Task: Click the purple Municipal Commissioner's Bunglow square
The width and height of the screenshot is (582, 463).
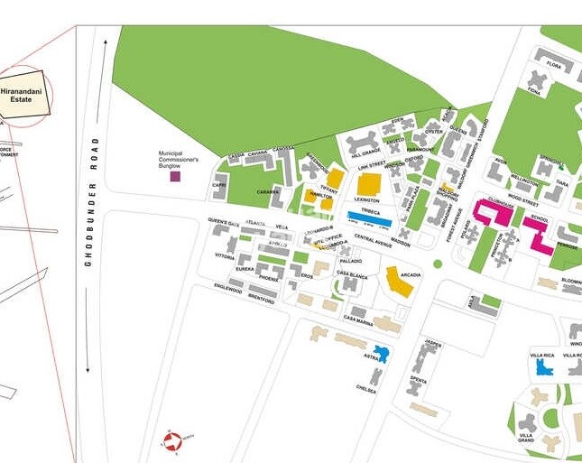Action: [174, 176]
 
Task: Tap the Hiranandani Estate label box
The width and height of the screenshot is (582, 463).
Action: [20, 93]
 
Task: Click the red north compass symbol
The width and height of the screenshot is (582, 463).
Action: [169, 442]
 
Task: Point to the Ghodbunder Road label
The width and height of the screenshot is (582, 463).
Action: [88, 208]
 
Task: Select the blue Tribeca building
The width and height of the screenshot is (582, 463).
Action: [369, 218]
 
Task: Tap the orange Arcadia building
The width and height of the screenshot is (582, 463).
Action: [398, 281]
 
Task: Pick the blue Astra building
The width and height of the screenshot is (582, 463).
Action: [381, 354]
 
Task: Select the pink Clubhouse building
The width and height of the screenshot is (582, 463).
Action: [492, 212]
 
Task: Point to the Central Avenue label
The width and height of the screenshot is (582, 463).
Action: [372, 238]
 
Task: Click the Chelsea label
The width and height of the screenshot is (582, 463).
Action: [366, 389]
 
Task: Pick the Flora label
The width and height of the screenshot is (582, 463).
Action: [553, 66]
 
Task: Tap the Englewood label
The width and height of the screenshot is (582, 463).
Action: [228, 289]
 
